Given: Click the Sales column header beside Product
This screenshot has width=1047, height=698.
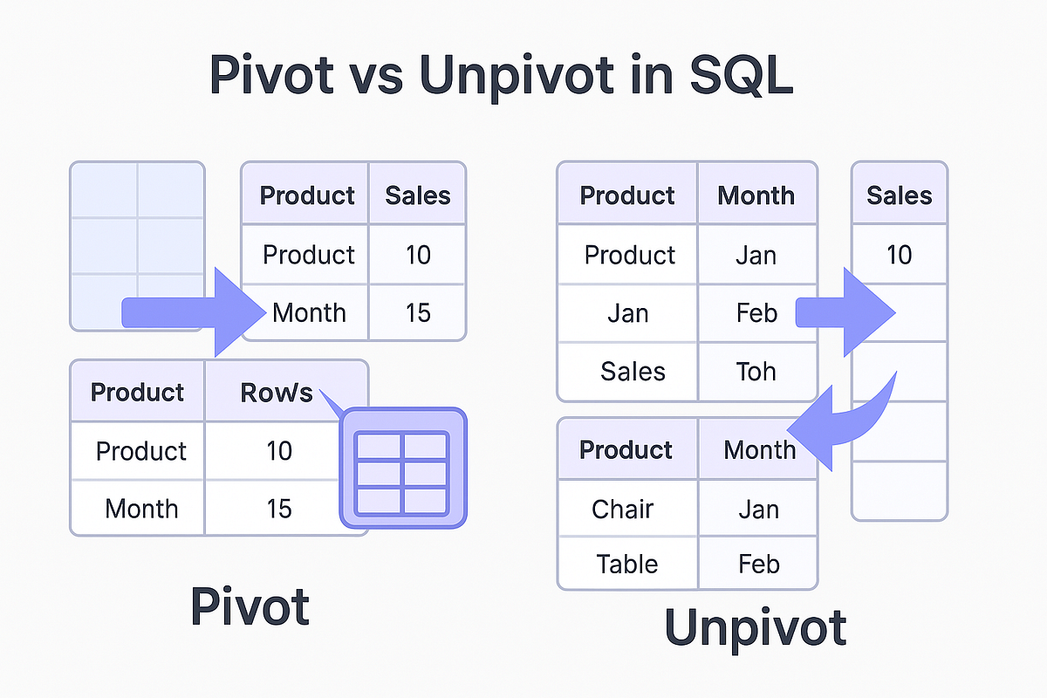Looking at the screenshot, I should coord(417,195).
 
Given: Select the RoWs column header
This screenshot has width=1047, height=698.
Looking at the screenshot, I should coord(276,393).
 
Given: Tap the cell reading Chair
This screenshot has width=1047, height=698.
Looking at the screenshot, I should coord(622,509).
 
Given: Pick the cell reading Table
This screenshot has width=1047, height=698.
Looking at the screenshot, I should coord(626,564).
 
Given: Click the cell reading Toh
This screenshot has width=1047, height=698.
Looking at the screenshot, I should coord(756,372).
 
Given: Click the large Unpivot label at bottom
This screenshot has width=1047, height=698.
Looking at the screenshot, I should coord(755,627).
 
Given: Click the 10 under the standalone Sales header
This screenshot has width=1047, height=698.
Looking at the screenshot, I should coord(899,255).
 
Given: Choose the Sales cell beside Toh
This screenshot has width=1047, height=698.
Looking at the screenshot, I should coord(633,372).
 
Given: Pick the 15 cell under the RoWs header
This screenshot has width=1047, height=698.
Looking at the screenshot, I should coord(278,508).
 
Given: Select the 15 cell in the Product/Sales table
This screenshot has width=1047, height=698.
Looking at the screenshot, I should coord(418,312).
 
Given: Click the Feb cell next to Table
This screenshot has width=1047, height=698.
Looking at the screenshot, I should coord(757,564).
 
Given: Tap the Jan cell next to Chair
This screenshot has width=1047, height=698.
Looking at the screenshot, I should coord(757,509).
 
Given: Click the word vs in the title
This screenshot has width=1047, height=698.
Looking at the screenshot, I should coord(377,76).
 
